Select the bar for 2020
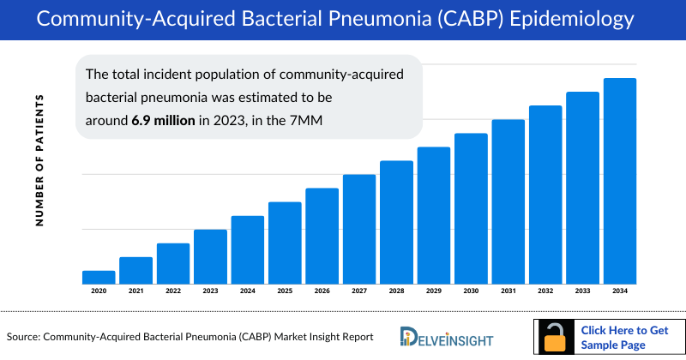click(99, 277)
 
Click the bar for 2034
click(620, 181)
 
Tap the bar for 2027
click(359, 229)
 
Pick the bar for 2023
click(210, 256)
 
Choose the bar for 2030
click(471, 208)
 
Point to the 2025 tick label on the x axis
click(285, 291)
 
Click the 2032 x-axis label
click(545, 291)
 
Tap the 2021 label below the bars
click(135, 291)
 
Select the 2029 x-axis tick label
click(434, 291)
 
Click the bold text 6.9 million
click(162, 120)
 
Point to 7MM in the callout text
click(304, 120)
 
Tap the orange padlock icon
click(555, 337)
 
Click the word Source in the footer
click(24, 337)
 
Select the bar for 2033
click(582, 188)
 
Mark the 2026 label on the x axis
click(322, 291)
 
